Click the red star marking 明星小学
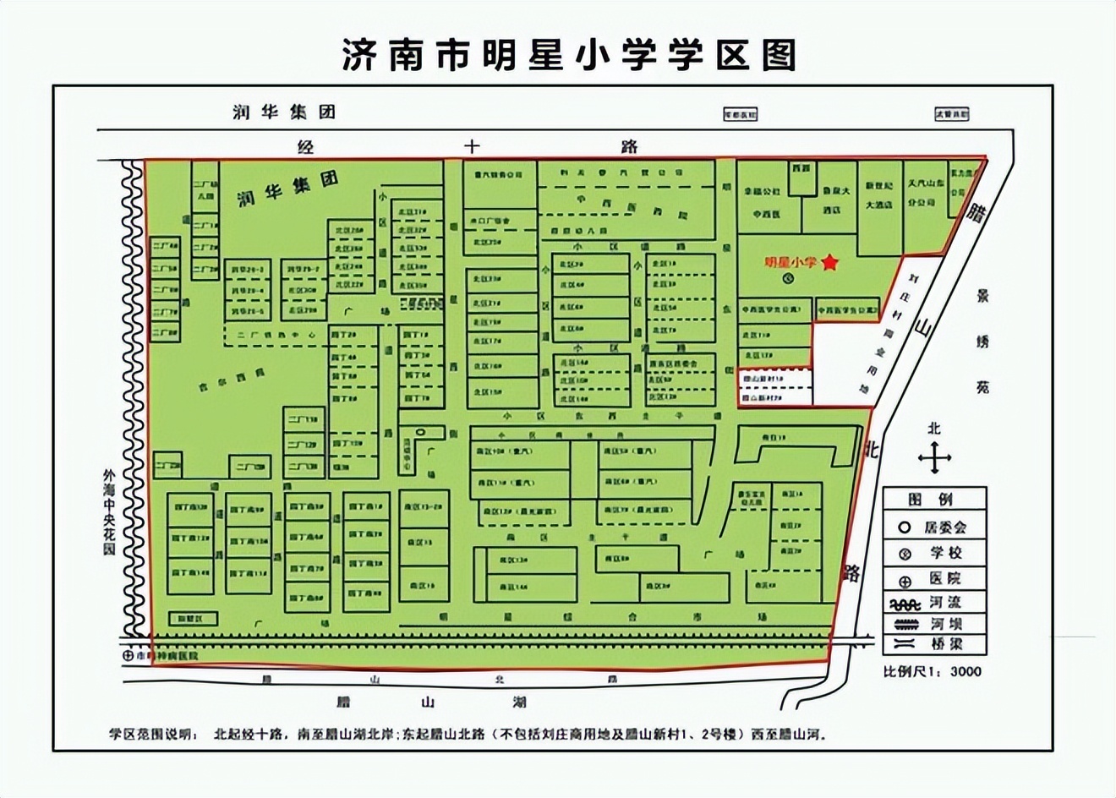click(x=830, y=263)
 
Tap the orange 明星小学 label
click(x=790, y=263)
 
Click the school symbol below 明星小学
click(x=789, y=277)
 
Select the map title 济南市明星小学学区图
click(x=568, y=56)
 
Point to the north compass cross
click(x=934, y=458)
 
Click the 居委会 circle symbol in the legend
click(x=905, y=527)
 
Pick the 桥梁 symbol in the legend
click(x=905, y=644)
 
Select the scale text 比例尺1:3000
click(x=933, y=672)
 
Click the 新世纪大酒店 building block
click(x=879, y=194)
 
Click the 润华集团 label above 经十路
click(x=284, y=112)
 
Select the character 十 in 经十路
click(x=471, y=146)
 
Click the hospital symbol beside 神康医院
click(x=128, y=655)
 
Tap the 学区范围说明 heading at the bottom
click(x=155, y=733)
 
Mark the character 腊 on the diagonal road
click(x=978, y=211)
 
